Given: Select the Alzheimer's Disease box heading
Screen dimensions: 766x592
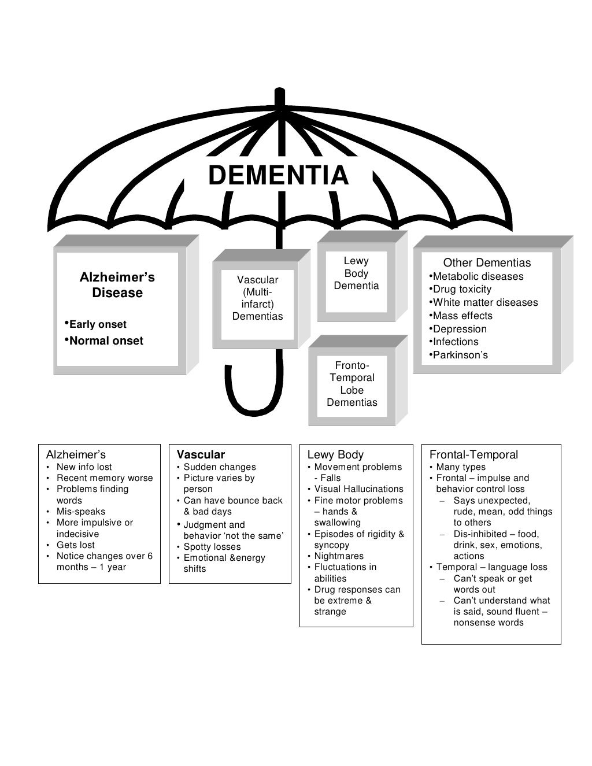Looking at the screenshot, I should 117,285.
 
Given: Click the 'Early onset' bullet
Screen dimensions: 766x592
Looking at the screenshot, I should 97,324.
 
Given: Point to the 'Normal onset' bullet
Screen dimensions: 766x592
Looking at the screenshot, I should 106,341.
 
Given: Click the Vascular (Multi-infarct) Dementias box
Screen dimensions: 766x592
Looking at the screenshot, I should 257,298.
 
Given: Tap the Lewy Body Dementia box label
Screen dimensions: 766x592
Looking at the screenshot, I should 356,273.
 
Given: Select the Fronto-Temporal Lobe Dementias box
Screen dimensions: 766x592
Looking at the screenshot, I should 351,384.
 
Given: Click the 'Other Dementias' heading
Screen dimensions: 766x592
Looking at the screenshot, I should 487,262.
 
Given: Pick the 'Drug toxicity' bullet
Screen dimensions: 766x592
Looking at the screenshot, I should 461,289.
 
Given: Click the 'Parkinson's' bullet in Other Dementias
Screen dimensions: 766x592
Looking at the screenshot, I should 460,355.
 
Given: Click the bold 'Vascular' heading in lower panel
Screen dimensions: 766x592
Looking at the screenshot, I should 201,454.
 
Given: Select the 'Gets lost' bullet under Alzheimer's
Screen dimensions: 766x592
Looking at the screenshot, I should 75,545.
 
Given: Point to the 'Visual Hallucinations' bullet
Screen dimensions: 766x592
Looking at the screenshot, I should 358,489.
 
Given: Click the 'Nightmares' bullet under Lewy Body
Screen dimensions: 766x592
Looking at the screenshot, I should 339,556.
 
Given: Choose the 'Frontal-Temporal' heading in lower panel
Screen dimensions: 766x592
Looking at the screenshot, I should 473,454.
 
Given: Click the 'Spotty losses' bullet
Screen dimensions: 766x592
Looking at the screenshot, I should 212,547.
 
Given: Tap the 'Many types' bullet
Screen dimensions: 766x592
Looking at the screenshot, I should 460,467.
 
